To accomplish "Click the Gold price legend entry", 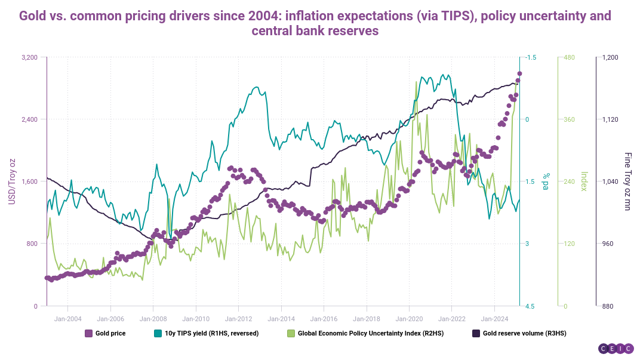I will tap(105, 333).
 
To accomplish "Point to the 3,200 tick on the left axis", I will tap(30, 57).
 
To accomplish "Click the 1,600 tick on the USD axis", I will tap(30, 181).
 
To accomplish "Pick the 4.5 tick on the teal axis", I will tap(528, 306).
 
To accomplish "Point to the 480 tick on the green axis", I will tap(570, 57).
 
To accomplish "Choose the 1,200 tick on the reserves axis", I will tap(611, 57).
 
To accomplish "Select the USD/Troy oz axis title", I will tap(11, 181).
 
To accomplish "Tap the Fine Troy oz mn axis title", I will tap(627, 181).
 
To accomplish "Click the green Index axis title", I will tap(584, 181).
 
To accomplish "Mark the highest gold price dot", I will tap(519, 73).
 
